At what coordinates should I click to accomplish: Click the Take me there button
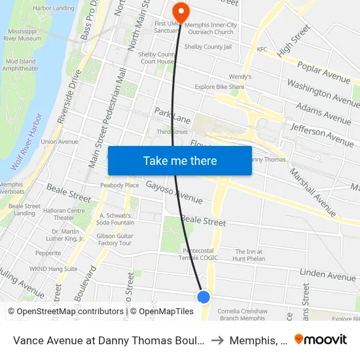tap(180, 161)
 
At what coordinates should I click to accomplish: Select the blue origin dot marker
tap(204, 297)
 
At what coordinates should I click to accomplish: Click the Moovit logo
tap(321, 339)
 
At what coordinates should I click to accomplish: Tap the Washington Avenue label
tap(323, 93)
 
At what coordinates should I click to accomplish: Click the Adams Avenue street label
tap(323, 113)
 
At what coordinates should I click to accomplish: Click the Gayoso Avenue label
tap(174, 191)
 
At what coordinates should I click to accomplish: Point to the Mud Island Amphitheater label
tap(20, 63)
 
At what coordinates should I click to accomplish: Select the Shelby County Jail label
tap(207, 46)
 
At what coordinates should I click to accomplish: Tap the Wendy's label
tap(242, 77)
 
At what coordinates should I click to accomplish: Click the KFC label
tap(262, 49)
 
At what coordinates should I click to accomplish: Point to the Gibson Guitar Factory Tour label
tap(115, 239)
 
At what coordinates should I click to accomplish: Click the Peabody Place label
tap(119, 185)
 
